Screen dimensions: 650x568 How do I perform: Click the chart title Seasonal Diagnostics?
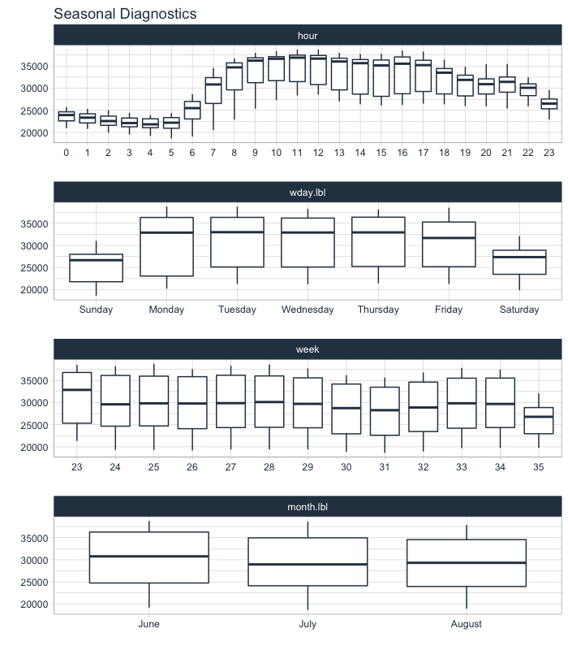[125, 14]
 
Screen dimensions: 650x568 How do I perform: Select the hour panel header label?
[308, 36]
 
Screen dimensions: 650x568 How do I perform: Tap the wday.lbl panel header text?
[308, 193]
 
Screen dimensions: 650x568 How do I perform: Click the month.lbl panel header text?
[308, 507]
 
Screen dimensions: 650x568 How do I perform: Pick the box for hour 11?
[297, 69]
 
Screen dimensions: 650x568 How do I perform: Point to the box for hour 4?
[150, 123]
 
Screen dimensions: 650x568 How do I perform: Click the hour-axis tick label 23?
[549, 153]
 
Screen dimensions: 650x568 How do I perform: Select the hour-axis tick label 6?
[192, 153]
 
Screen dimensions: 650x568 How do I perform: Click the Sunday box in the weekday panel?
[97, 268]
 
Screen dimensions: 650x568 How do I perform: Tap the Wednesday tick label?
[308, 310]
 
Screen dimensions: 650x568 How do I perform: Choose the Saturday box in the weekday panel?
[519, 262]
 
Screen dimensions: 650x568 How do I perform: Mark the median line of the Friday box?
[449, 238]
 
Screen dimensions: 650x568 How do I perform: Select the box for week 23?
[76, 398]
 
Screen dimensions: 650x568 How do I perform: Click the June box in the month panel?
[149, 557]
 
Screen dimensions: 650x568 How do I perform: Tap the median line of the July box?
[308, 564]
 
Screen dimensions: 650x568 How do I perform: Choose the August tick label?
[466, 624]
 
